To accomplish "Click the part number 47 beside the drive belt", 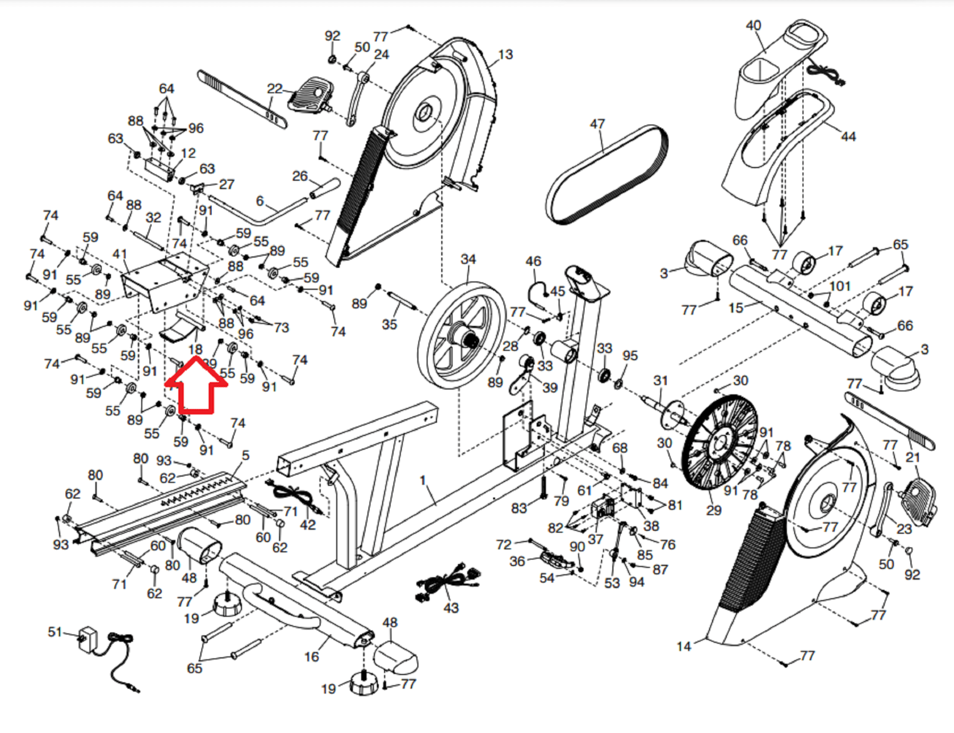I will (597, 124).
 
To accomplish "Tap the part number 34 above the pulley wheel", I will (468, 259).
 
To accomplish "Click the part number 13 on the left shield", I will (505, 55).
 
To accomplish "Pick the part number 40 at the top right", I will (754, 26).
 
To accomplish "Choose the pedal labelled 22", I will (309, 95).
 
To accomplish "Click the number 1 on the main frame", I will (423, 480).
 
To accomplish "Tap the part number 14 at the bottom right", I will (683, 646).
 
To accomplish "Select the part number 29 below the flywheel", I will (714, 511).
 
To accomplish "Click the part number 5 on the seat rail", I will (246, 456).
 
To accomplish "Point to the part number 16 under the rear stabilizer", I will (311, 657).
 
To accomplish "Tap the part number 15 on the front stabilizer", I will (736, 308).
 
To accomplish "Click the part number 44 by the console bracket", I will (848, 137).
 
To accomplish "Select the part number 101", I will (839, 286).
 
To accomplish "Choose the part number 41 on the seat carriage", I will (120, 254).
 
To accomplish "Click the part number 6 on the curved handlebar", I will (259, 202).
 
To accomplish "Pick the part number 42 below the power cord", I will (308, 525).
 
